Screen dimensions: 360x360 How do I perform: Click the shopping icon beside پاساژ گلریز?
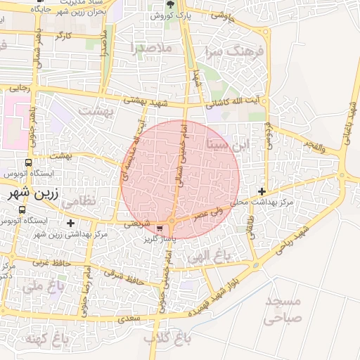click(161, 228)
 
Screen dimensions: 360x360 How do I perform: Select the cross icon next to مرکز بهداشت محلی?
click(262, 191)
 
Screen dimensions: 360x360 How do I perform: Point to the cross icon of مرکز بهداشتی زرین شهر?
click(70, 223)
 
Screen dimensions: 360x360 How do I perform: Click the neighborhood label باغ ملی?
click(42, 286)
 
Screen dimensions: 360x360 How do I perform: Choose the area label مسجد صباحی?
click(283, 309)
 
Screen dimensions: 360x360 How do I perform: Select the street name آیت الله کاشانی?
click(237, 103)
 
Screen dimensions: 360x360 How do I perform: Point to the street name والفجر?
click(312, 146)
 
